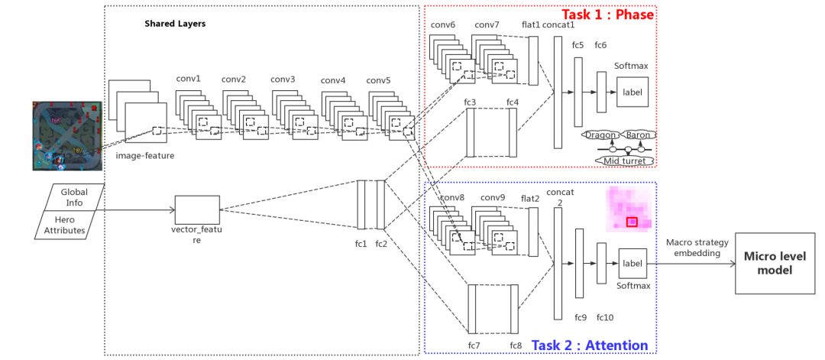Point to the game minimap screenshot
click(67, 136)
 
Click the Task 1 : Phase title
click(608, 15)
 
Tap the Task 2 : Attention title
click(590, 345)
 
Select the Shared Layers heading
click(175, 24)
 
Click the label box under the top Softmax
click(632, 92)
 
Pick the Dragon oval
click(600, 135)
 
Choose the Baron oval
click(639, 135)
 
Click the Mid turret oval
click(624, 161)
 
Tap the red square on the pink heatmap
click(632, 222)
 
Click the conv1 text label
click(188, 79)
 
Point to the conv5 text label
click(378, 80)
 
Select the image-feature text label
click(145, 156)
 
